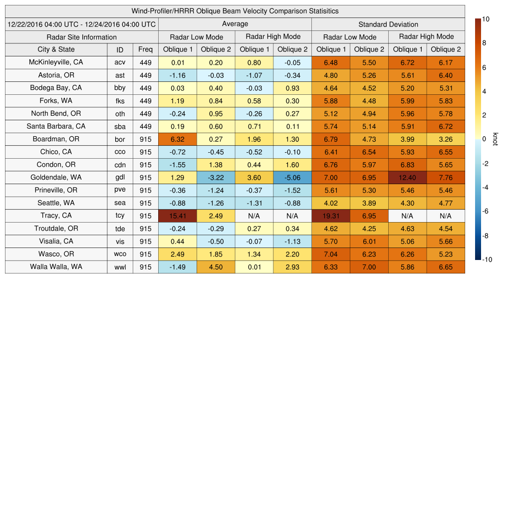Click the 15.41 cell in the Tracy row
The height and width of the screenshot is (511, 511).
coord(178,216)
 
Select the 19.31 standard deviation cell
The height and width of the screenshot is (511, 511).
coord(331,216)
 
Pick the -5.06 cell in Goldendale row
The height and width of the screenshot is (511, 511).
coord(292,177)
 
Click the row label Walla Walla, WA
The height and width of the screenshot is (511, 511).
coord(56,266)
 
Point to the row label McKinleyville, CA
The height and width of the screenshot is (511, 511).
coord(56,62)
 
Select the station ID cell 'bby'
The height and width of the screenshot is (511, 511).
coord(120,88)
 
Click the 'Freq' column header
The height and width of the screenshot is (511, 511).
coord(145,49)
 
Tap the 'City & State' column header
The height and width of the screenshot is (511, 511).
coord(56,49)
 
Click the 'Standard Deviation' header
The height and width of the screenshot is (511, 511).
coord(388,24)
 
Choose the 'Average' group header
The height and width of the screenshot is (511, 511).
coord(235,24)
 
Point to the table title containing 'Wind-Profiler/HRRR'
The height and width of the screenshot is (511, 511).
coord(235,11)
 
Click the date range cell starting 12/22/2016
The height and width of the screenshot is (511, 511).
coord(82,24)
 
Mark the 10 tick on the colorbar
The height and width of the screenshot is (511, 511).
coord(486,19)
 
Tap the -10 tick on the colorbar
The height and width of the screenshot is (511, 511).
coord(487,259)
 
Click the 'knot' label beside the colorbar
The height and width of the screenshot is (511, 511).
coord(496,139)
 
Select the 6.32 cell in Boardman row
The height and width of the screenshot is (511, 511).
coord(178,139)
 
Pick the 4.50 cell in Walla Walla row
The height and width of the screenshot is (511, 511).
coord(216,267)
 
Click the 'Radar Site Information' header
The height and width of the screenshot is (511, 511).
coord(82,37)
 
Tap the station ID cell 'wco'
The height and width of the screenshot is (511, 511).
coord(120,254)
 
